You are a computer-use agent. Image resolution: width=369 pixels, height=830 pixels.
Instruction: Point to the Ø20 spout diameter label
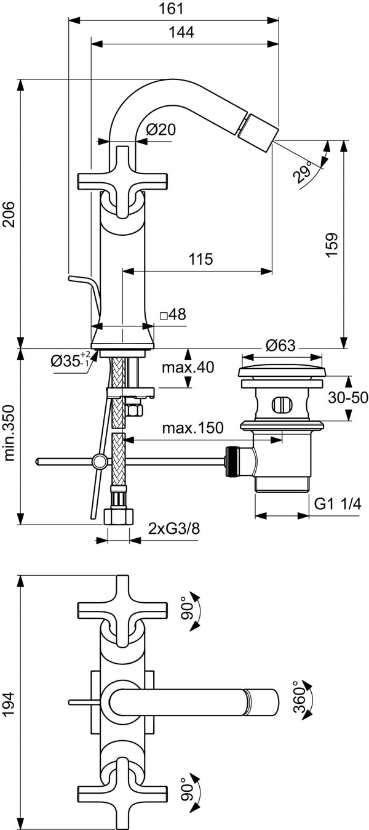tap(162, 129)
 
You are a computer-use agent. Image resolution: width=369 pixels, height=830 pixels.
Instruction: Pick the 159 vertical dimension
tap(332, 244)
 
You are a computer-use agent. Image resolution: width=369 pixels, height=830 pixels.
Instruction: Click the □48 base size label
tap(173, 315)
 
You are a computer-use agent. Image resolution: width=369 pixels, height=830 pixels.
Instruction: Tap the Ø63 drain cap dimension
tap(282, 346)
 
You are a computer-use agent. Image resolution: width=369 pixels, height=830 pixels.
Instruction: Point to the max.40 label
tap(188, 368)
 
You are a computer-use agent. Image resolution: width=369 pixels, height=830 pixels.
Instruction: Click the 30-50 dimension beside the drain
tap(347, 397)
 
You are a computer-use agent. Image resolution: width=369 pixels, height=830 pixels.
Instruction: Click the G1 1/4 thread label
tap(338, 504)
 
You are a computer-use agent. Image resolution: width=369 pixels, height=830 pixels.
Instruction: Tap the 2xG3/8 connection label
tap(173, 528)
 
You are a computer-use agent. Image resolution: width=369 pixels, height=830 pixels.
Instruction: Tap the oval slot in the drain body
tap(282, 405)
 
